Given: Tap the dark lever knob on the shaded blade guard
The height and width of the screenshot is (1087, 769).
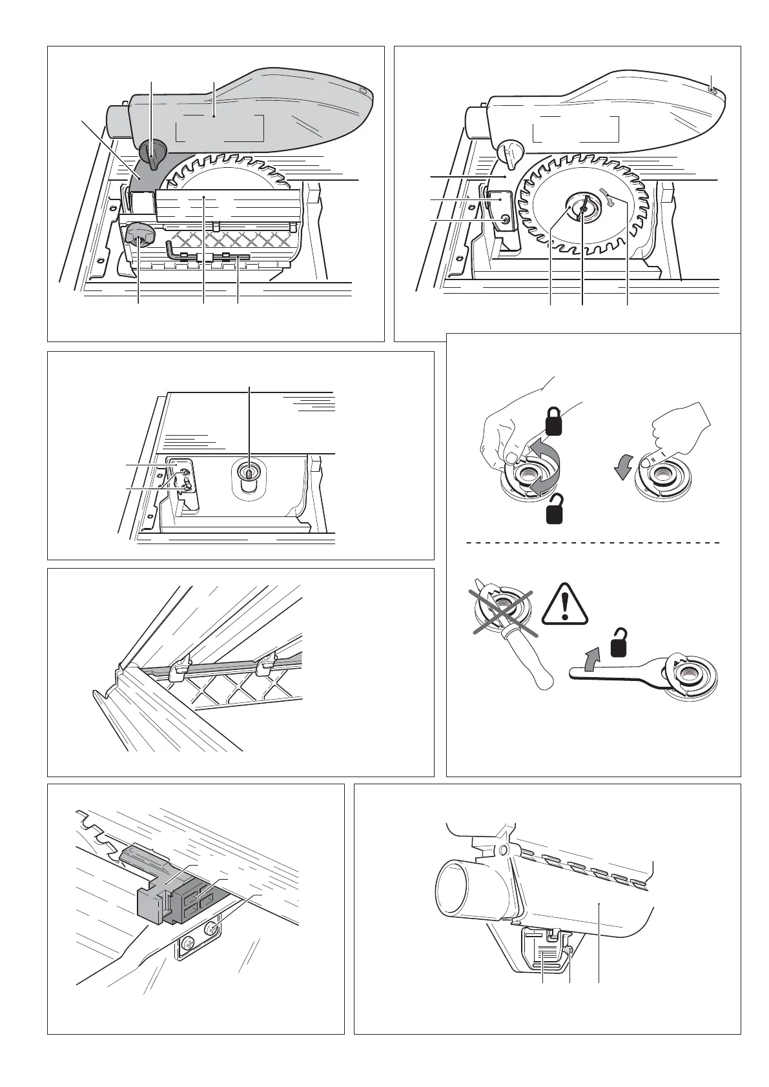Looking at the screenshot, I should pyautogui.click(x=152, y=154).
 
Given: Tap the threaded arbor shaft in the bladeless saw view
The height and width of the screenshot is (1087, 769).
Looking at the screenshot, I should pyautogui.click(x=246, y=471).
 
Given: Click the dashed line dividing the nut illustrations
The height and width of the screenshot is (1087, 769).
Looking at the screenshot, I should pyautogui.click(x=592, y=543).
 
